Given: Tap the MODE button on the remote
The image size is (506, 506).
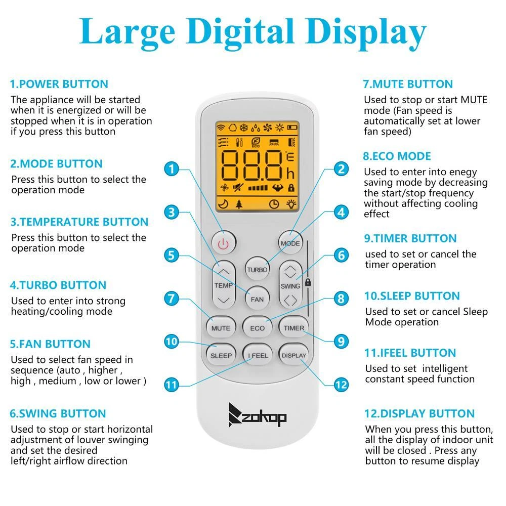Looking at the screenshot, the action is pos(290,243).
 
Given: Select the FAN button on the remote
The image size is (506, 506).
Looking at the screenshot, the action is pos(257,299).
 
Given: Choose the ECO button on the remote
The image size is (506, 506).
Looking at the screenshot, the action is pos(257,328).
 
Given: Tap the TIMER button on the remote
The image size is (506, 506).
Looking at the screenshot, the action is pos(293,328).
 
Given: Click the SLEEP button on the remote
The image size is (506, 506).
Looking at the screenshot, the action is pos(221,355).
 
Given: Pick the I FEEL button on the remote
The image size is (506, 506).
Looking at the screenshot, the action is pos(258,355).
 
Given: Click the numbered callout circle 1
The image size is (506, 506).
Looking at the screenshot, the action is pos(172,169).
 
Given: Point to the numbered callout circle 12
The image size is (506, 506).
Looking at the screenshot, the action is pos(341,385).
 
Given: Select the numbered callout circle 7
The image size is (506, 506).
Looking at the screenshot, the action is pos(172,299).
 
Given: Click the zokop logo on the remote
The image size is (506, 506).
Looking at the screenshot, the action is pos(257,415).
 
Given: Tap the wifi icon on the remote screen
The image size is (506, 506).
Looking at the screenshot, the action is pos(221,128).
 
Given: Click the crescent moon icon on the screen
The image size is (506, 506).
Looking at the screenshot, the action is pos(223,203).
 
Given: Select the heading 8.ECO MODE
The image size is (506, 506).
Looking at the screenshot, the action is pos(397,156).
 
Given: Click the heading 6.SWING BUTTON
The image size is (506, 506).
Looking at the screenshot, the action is pos(58,413).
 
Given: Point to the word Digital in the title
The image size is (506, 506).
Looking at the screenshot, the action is pos(240,32).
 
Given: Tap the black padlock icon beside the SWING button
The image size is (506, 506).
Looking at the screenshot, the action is pos(308,282).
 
